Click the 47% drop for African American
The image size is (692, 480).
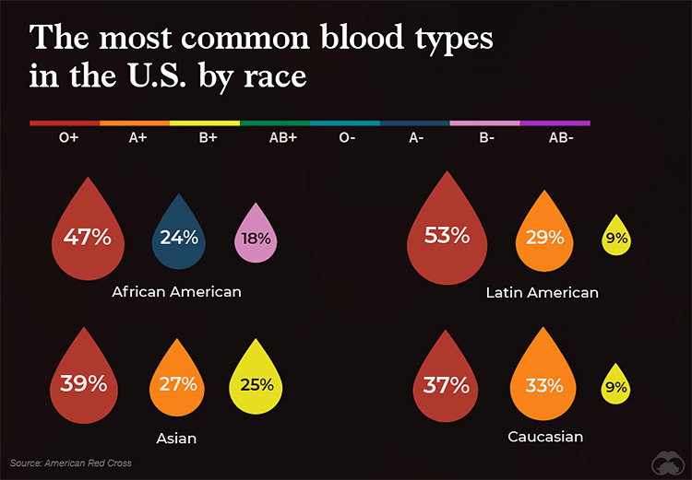click(87, 238)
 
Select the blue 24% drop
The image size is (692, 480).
click(178, 238)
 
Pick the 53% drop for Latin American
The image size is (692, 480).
click(447, 238)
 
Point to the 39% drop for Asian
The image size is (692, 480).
click(84, 382)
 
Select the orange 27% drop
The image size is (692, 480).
click(178, 382)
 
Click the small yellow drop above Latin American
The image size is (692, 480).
click(615, 238)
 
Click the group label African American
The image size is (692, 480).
click(176, 291)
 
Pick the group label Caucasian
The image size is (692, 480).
click(545, 436)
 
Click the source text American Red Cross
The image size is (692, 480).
click(70, 462)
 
